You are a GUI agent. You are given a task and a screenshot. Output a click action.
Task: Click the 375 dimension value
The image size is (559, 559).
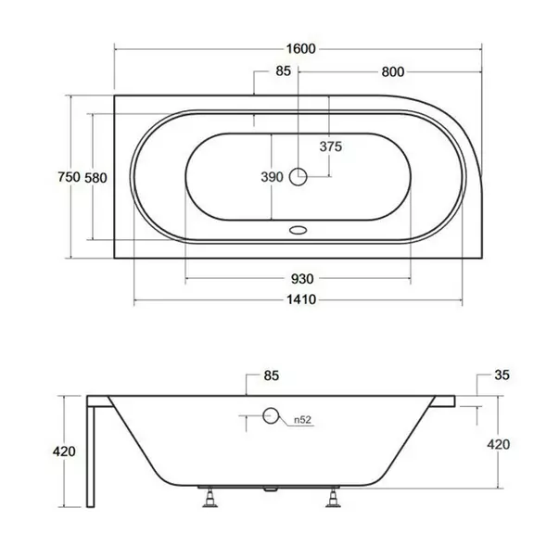[331, 146]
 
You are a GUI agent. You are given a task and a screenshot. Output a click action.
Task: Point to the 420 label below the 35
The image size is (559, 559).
[498, 444]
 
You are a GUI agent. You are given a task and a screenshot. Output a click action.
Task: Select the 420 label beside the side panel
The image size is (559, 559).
[64, 451]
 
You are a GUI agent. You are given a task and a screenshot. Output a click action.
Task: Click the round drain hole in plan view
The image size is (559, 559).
[299, 176]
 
